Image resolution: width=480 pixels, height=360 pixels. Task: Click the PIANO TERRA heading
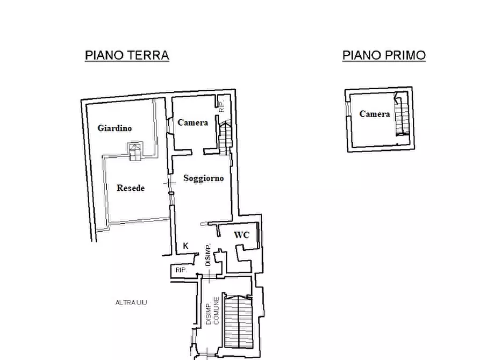(x=127, y=55)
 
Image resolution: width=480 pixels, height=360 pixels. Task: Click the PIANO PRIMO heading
(x=384, y=55)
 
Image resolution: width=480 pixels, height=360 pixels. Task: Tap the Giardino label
(x=114, y=128)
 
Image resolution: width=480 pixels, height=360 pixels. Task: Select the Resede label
(x=131, y=188)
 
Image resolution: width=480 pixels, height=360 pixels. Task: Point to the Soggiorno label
(x=203, y=178)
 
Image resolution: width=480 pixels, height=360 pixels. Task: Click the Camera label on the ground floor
(x=192, y=123)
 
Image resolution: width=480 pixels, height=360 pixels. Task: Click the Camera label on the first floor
(x=375, y=114)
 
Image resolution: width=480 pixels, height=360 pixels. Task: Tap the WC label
(x=241, y=235)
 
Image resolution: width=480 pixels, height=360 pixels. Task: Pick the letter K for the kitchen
(x=185, y=246)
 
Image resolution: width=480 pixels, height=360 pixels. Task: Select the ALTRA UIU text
(x=131, y=303)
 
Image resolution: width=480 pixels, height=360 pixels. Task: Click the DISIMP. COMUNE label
(x=212, y=311)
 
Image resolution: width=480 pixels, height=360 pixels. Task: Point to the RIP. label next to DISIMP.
(x=181, y=270)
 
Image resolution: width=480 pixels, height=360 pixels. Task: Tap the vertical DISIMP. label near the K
(x=208, y=255)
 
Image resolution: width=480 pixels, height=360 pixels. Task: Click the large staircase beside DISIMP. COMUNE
(x=239, y=321)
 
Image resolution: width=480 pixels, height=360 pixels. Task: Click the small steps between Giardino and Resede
(x=135, y=151)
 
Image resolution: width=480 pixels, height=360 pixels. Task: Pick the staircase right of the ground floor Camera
(x=225, y=138)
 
